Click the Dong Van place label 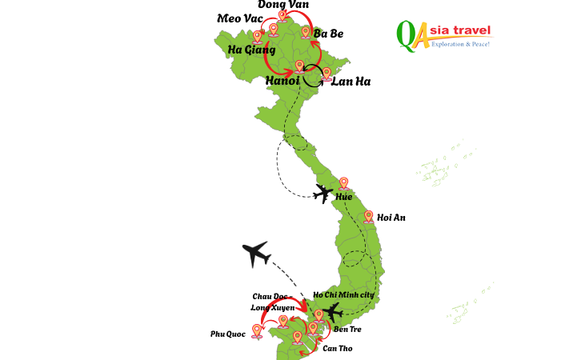point(283,5)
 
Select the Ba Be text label point(328,34)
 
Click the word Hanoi point(282,81)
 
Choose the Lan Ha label point(351,82)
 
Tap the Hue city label point(343,197)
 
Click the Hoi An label point(391,217)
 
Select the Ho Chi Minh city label point(343,295)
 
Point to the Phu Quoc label point(227,334)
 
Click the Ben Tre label point(347,329)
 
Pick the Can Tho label point(337,348)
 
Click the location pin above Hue point(344,183)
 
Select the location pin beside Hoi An point(368,216)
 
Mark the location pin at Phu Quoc point(257,330)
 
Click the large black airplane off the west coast point(256,254)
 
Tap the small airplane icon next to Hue point(323,193)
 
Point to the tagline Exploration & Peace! point(459,44)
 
